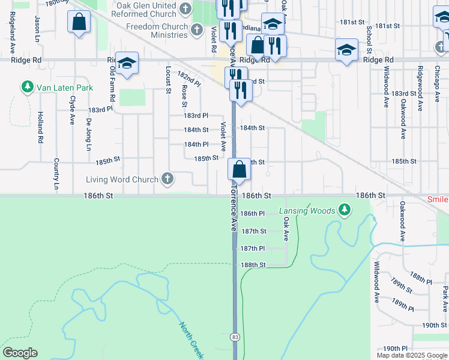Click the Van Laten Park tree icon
pyautogui.click(x=27, y=88)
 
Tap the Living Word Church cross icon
pyautogui.click(x=167, y=179)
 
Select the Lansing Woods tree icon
pyautogui.click(x=344, y=210)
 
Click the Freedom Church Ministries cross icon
pyautogui.click(x=197, y=28)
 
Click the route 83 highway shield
pyautogui.click(x=235, y=338)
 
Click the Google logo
pyautogui.click(x=20, y=353)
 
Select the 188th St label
pyautogui.click(x=253, y=265)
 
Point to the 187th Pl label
pyautogui.click(x=253, y=248)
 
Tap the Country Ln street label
pyautogui.click(x=56, y=175)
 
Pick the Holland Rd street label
pyautogui.click(x=40, y=127)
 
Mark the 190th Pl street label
pyautogui.click(x=396, y=349)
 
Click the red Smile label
pyautogui.click(x=438, y=199)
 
